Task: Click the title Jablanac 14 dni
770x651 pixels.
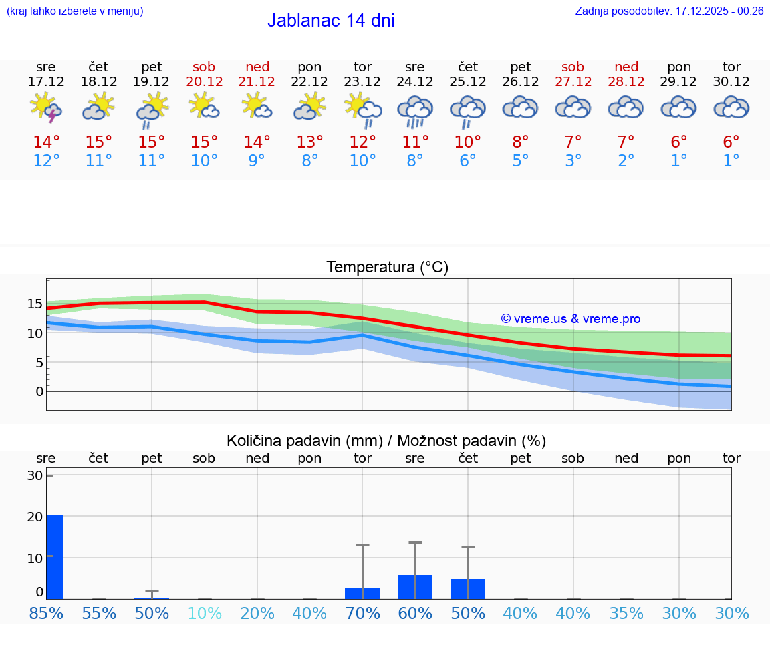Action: (331, 21)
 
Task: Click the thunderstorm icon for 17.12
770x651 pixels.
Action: (46, 108)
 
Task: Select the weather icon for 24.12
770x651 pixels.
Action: (415, 110)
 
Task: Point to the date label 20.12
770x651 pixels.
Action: (204, 82)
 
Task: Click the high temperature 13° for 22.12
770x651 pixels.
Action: (309, 142)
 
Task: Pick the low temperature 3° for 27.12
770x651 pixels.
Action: (573, 161)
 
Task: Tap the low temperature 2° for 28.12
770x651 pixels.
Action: (626, 161)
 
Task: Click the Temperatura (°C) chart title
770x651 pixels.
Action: (387, 268)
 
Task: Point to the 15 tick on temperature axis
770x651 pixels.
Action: (35, 304)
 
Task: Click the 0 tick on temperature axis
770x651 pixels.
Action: (39, 391)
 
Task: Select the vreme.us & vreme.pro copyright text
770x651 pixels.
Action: (570, 319)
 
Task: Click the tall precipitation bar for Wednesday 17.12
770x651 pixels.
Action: (55, 557)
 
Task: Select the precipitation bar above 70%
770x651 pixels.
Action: (362, 593)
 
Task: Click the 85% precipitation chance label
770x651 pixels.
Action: (46, 613)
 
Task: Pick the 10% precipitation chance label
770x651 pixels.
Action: (204, 613)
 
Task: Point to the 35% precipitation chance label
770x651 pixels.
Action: (626, 613)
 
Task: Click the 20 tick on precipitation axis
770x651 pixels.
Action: (35, 517)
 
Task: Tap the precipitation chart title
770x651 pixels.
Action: (386, 441)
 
